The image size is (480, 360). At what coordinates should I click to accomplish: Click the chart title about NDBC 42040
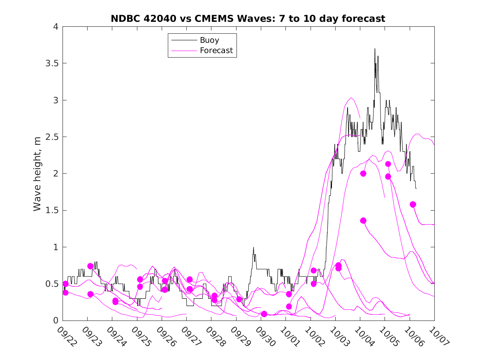click(x=248, y=19)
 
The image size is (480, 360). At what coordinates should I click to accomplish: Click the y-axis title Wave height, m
click(x=37, y=174)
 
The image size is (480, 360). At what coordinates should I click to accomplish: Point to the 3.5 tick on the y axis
click(x=52, y=63)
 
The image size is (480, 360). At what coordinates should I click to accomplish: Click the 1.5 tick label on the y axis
click(x=52, y=210)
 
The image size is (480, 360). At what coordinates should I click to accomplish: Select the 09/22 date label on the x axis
click(x=66, y=337)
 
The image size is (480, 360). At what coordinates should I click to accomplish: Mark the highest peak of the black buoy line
click(x=375, y=49)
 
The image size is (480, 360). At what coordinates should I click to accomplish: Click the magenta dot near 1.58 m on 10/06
click(x=413, y=204)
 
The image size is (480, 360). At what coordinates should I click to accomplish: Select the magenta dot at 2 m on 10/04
click(x=363, y=174)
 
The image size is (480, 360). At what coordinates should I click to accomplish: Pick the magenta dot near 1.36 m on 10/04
click(x=363, y=221)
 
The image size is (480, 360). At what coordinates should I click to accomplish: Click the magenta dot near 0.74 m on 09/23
click(x=90, y=266)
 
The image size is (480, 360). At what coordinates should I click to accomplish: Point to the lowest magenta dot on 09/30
click(x=264, y=314)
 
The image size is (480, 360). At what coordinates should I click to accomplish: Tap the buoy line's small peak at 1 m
click(x=253, y=247)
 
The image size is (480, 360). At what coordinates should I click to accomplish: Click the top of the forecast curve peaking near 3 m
click(x=351, y=98)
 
